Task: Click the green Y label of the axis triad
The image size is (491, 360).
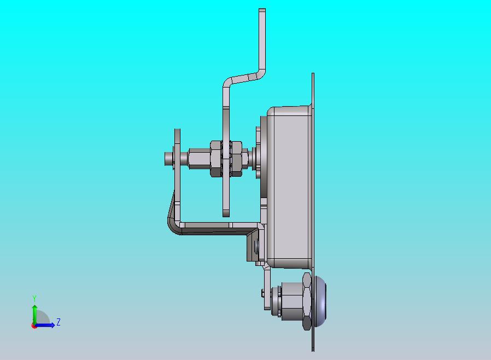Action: click(34, 298)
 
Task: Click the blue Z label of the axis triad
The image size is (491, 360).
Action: click(59, 322)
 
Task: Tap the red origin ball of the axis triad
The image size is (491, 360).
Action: click(34, 326)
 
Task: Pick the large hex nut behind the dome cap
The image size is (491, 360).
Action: click(307, 301)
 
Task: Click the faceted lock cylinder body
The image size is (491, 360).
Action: click(291, 301)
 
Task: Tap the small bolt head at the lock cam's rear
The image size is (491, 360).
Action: click(262, 293)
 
